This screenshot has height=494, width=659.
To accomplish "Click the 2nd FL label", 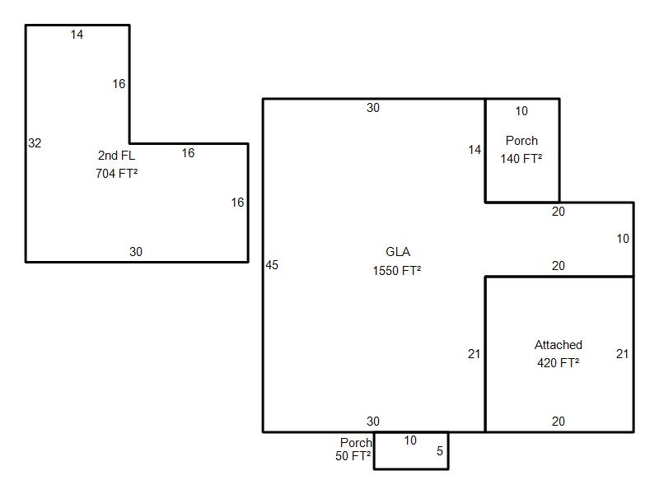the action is coord(116,156).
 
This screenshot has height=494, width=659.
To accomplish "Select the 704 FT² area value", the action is coord(116,173).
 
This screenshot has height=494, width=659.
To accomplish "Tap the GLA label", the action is coord(398,252).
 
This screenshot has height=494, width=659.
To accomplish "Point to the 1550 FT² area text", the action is coord(397,271).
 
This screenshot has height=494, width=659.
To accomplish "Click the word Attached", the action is coord(559,345).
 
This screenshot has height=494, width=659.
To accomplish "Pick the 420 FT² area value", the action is coord(559,362).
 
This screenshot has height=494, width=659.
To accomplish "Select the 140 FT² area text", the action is coord(521,159).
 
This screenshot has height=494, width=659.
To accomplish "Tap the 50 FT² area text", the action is coord(353,456).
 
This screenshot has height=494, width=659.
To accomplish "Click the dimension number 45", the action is coord(272,265).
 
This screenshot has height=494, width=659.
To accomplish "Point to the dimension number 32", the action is coord(35,143).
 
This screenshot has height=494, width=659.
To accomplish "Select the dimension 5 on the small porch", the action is coord(440,451).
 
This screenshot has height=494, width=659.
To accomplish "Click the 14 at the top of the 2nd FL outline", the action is coord(77,35).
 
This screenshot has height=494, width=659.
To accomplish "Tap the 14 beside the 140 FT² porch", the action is coord(475,150).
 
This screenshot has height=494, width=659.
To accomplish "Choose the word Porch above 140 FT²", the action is coord(521,141).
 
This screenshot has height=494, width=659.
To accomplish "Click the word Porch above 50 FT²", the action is coord(356,443).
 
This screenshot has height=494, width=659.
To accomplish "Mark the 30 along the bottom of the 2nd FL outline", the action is coord(136,252).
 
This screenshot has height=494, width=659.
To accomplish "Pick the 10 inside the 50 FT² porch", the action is coord(410,440).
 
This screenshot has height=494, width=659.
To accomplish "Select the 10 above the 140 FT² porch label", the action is coord(521,111).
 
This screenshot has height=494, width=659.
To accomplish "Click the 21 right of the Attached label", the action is coord(623,354).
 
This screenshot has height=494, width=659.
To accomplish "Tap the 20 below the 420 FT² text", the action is coord(559,422).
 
